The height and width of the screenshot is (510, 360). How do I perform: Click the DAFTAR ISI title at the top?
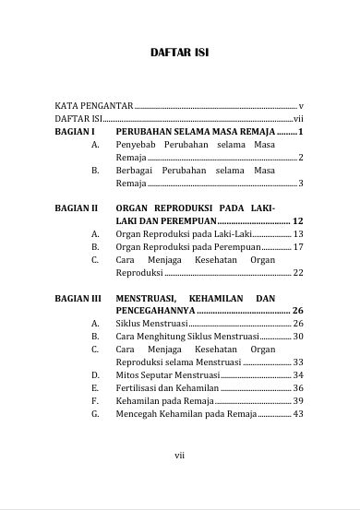(179, 53)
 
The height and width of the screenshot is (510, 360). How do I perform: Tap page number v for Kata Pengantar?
(301, 106)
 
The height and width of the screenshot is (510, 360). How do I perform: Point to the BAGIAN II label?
(76, 209)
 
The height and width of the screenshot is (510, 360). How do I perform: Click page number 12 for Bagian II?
(298, 222)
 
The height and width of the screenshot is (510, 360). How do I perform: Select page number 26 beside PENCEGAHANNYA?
(298, 312)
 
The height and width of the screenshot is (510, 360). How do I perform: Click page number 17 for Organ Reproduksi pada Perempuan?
(298, 247)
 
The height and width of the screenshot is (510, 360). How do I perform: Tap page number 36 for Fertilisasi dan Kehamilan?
(298, 388)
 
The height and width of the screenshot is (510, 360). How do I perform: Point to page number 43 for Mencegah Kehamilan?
(298, 414)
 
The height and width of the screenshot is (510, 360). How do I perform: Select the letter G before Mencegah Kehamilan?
(95, 414)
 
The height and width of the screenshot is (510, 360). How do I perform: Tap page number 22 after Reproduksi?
(298, 273)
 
